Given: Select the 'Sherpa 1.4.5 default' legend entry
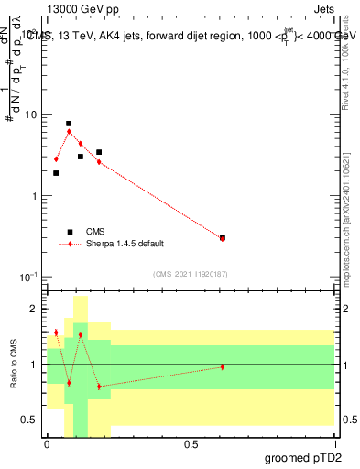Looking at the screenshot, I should (125, 244).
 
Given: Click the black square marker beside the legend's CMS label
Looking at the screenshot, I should (70, 232).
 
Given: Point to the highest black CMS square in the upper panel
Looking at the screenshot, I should (69, 124).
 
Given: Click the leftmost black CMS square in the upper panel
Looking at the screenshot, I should (56, 173).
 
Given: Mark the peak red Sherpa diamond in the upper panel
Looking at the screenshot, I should (69, 131).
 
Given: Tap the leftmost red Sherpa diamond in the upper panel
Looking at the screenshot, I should (56, 159).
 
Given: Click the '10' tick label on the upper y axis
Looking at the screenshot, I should (31, 115).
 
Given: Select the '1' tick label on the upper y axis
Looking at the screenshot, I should (35, 196).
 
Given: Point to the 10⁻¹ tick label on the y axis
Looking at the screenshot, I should (30, 277).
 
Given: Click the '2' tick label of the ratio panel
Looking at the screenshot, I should (35, 309).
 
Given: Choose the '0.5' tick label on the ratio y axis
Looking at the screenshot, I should (30, 420).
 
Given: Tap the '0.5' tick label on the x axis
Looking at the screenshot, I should (191, 444).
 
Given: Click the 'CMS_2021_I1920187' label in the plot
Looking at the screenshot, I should (190, 274).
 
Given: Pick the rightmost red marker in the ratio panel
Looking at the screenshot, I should (223, 367).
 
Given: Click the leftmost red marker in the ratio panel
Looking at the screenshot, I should (56, 333).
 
